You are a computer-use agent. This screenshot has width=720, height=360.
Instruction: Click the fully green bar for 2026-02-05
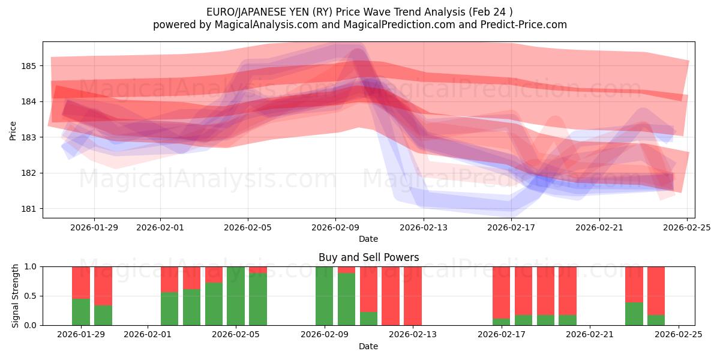pyautogui.click(x=236, y=296)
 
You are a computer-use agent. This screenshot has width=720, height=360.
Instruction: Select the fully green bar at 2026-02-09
pyautogui.click(x=324, y=296)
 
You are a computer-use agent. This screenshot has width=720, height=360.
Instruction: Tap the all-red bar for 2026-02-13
pyautogui.click(x=412, y=296)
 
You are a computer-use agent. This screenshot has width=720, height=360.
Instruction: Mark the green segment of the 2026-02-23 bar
pyautogui.click(x=634, y=314)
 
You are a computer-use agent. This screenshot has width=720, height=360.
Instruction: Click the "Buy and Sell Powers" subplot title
pyautogui.click(x=368, y=257)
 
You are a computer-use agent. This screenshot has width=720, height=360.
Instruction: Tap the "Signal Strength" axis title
pyautogui.click(x=16, y=296)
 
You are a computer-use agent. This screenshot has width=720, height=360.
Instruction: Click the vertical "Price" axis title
pyautogui.click(x=13, y=130)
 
